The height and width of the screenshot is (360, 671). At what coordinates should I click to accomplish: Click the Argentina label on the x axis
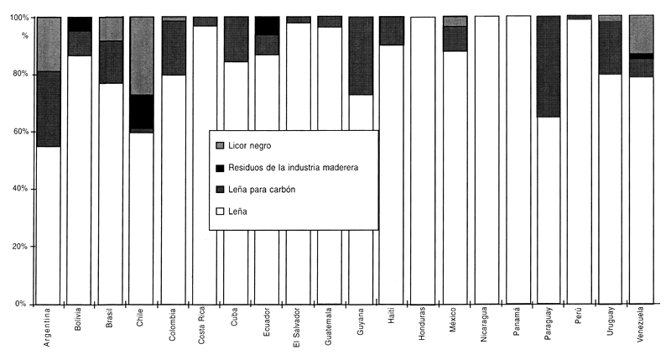click(x=49, y=331)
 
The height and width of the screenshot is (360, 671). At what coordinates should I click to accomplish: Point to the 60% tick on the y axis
click(x=18, y=133)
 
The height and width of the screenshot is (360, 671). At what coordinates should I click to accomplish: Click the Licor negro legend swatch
click(x=220, y=146)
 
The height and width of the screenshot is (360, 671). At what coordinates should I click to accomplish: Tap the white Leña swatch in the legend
click(x=220, y=211)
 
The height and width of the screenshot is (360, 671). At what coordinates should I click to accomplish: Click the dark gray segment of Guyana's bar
click(x=361, y=55)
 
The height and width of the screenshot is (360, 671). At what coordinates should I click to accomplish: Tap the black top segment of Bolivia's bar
click(x=80, y=23)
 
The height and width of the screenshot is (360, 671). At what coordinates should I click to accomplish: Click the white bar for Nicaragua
click(x=486, y=159)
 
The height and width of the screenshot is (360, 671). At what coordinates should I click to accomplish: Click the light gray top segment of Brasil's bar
click(x=111, y=29)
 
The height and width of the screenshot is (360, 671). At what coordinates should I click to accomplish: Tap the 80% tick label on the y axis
click(x=18, y=75)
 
